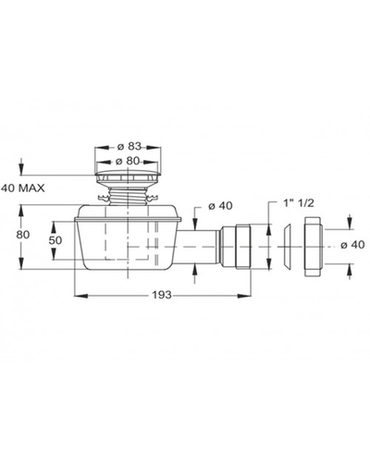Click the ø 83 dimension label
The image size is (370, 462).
point(129,147)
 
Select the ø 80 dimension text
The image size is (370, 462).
point(129,161)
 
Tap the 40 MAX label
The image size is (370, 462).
point(23,188)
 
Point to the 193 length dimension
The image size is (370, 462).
point(162,295)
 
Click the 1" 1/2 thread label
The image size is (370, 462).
point(294,203)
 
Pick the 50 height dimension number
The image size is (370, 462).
point(55,240)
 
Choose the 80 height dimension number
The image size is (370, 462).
point(23,235)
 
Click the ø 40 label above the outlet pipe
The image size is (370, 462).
point(220,205)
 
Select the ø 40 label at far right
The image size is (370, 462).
point(352,245)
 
